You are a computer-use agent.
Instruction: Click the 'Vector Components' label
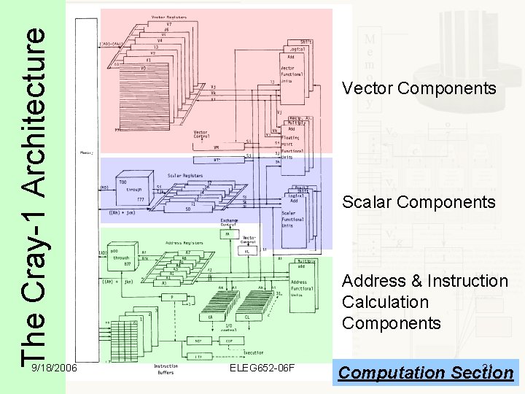point(419,89)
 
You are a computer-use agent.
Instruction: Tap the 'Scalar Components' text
point(419,202)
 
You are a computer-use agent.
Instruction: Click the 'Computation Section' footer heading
point(426,372)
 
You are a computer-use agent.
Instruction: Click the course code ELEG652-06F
point(261,367)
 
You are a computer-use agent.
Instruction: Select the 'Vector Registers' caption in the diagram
point(168,16)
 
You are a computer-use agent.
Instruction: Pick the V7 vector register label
point(168,25)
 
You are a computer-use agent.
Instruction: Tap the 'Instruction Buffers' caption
point(166,369)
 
